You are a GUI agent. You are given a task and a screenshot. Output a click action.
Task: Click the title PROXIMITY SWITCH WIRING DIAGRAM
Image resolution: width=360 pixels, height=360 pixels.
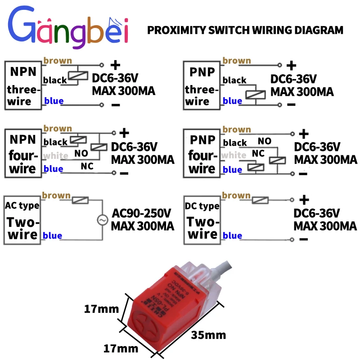[245, 31]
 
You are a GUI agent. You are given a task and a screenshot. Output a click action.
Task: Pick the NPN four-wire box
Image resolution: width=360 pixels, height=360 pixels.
[22, 153]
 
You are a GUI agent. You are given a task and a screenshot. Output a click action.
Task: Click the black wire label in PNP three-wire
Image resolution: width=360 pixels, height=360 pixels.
[234, 81]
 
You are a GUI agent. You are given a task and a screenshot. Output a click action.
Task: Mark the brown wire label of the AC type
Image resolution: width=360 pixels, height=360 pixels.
[56, 196]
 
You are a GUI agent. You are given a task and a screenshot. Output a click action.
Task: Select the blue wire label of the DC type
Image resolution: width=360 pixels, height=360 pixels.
[232, 235]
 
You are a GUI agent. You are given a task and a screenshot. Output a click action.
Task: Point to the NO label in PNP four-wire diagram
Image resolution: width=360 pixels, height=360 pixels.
[264, 141]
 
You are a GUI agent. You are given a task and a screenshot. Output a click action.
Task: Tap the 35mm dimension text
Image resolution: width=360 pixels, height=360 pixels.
[208, 335]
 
